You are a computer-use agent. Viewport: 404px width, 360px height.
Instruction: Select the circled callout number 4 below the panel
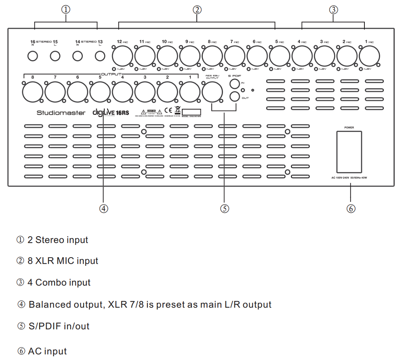tap(104, 208)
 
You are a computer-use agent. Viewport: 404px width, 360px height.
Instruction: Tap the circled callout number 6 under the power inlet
tap(351, 208)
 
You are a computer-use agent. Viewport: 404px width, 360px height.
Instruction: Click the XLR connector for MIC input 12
tap(123, 55)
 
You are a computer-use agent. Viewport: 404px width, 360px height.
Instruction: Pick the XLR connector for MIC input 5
tap(280, 55)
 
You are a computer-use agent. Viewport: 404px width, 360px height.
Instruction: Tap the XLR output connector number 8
tap(33, 91)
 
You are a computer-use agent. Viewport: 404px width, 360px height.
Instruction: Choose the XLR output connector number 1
tap(190, 91)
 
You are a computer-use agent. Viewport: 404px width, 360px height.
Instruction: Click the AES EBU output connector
tap(213, 91)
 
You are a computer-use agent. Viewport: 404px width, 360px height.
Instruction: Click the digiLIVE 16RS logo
tap(111, 113)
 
